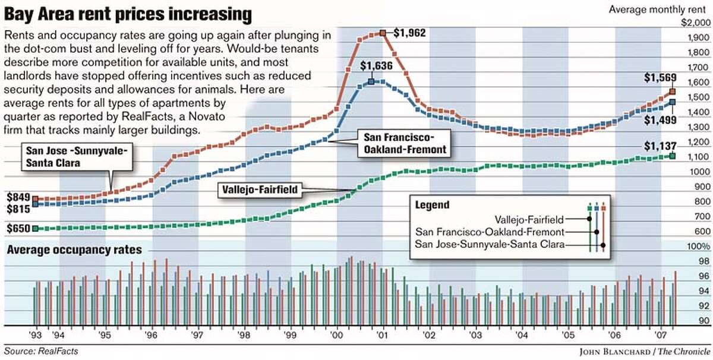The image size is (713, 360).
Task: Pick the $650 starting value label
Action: click(x=18, y=229)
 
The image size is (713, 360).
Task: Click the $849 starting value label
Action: click(x=18, y=196)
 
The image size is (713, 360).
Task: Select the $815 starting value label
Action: click(x=18, y=209)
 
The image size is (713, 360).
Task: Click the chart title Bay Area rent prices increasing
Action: click(x=128, y=13)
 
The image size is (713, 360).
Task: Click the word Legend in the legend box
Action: click(x=433, y=205)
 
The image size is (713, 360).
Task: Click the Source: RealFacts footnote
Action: click(x=41, y=351)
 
